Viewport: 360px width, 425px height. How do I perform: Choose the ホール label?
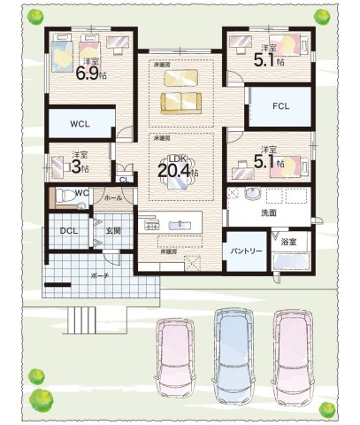(x=113, y=199)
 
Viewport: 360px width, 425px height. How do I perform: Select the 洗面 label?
(x=269, y=212)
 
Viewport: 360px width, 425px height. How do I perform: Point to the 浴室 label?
(x=288, y=241)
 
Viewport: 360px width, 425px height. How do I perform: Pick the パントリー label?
(x=246, y=251)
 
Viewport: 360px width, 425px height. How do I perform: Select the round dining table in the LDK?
(x=180, y=181)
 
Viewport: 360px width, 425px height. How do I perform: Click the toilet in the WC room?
(x=64, y=197)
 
